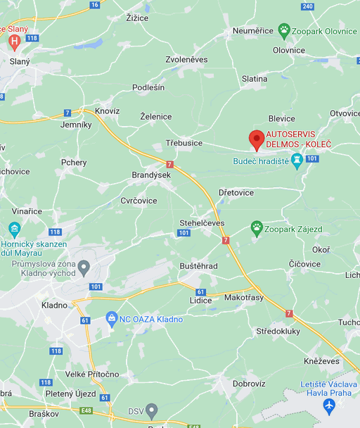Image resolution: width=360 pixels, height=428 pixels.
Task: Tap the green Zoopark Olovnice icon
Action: pyautogui.click(x=283, y=30)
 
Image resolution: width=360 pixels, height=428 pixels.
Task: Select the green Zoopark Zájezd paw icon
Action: pyautogui.click(x=257, y=227)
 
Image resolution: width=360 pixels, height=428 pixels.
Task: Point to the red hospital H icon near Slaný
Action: pyautogui.click(x=13, y=42)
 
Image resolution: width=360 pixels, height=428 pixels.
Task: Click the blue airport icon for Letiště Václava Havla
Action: pyautogui.click(x=328, y=406)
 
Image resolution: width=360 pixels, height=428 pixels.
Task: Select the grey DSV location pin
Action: pyautogui.click(x=152, y=410)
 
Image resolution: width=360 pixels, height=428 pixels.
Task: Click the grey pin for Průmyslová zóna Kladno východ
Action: pyautogui.click(x=84, y=267)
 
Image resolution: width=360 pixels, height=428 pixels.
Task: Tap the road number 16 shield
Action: pyautogui.click(x=95, y=5)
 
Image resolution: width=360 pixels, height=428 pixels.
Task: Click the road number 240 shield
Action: pyautogui.click(x=307, y=6)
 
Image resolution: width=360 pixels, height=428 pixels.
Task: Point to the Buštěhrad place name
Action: pyautogui.click(x=198, y=266)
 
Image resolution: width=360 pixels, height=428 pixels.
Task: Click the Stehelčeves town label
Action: pyautogui.click(x=202, y=223)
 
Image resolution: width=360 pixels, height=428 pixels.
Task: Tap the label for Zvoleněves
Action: pyautogui.click(x=186, y=60)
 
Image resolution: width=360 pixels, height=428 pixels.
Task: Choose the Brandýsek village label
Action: pyautogui.click(x=151, y=175)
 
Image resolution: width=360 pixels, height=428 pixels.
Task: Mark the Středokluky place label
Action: pyautogui.click(x=278, y=330)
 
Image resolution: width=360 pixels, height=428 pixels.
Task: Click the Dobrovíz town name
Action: pyautogui.click(x=248, y=384)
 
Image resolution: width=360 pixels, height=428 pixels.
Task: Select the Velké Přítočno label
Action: pyautogui.click(x=92, y=374)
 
